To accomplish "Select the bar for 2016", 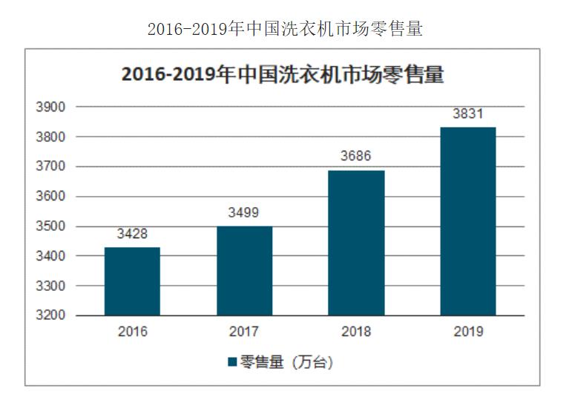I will point(132,281).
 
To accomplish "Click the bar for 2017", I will point(244,270).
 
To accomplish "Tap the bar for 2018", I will point(356,243).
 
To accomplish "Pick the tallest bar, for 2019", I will point(467,221).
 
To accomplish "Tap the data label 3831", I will point(467,114).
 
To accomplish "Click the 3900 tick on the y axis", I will point(51,108).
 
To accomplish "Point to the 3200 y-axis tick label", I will point(51,315).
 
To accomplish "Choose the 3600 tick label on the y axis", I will point(51,197).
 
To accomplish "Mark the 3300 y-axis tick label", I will point(51,286).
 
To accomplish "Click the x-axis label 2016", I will point(132,332).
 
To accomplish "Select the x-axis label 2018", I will point(356,332).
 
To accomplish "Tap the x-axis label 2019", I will point(467,332).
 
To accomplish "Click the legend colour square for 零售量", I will point(231,363).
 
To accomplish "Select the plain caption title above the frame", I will point(285,28).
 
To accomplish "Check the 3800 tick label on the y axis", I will point(51,137).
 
